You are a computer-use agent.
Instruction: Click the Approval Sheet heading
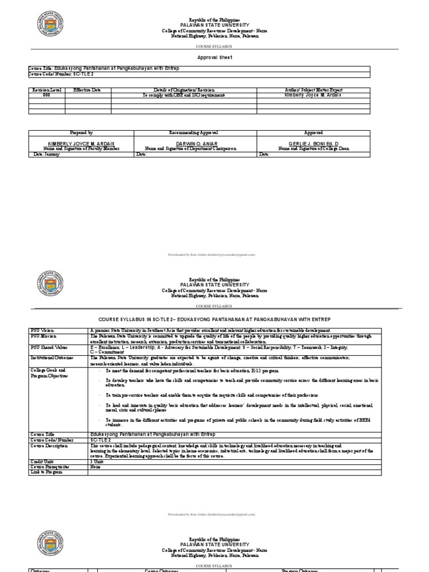click(x=214, y=57)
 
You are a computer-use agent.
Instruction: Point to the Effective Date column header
click(x=88, y=89)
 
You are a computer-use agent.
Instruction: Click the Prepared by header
click(x=81, y=133)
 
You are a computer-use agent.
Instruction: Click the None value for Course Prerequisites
click(x=96, y=466)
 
